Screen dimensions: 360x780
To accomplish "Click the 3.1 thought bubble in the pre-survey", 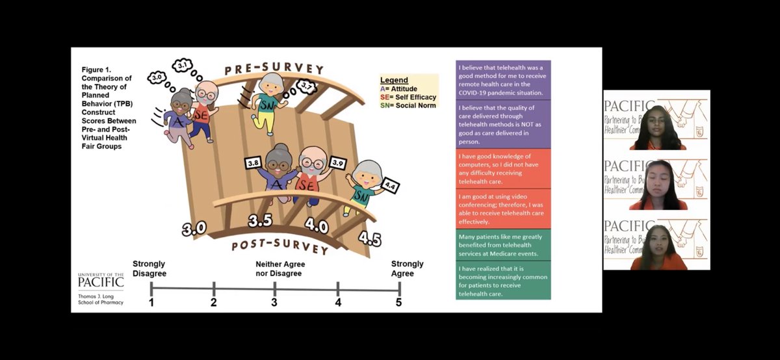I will (x=183, y=66).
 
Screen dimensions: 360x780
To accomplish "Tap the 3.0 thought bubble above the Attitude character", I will (x=157, y=77).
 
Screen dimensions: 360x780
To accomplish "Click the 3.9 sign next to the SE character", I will (x=338, y=162).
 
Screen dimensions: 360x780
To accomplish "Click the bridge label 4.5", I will (x=369, y=238).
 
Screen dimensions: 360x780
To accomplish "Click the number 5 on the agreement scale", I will (x=398, y=303).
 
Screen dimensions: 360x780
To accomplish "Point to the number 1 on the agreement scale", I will (x=151, y=303).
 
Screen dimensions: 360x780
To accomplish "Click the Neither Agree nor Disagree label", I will (x=279, y=269).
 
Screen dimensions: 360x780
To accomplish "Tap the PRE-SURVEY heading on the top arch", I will (x=274, y=68).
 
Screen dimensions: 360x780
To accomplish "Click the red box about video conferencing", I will (x=504, y=208).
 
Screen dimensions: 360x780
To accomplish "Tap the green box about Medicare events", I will (x=504, y=244).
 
